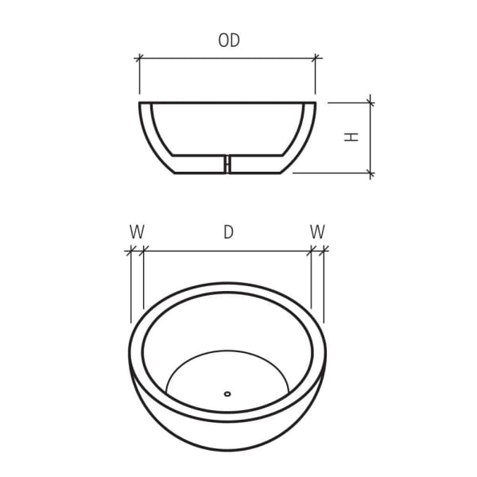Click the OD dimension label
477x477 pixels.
pyautogui.click(x=229, y=41)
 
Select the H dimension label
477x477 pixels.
pyautogui.click(x=351, y=136)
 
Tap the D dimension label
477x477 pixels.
pyautogui.click(x=228, y=232)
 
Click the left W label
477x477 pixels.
pyautogui.click(x=137, y=232)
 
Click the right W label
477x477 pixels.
pyautogui.click(x=317, y=232)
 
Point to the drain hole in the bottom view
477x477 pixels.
pyautogui.click(x=227, y=392)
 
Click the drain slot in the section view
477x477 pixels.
pyautogui.click(x=227, y=164)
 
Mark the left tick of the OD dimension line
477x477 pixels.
pyautogui.click(x=140, y=58)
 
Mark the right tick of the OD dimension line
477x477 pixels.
pyautogui.click(x=316, y=58)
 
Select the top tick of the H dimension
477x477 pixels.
pyautogui.click(x=370, y=102)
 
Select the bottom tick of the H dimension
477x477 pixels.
pyautogui.click(x=370, y=173)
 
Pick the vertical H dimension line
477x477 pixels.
pyautogui.click(x=370, y=137)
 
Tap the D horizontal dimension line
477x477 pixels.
pyautogui.click(x=227, y=251)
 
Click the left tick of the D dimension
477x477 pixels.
pyautogui.click(x=144, y=251)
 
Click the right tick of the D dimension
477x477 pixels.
pyautogui.click(x=311, y=251)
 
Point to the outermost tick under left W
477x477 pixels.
pyautogui.click(x=130, y=251)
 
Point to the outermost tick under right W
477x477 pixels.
pyautogui.click(x=324, y=251)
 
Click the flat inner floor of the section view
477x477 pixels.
pyautogui.click(x=199, y=154)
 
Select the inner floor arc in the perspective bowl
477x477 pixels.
pyautogui.click(x=227, y=352)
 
